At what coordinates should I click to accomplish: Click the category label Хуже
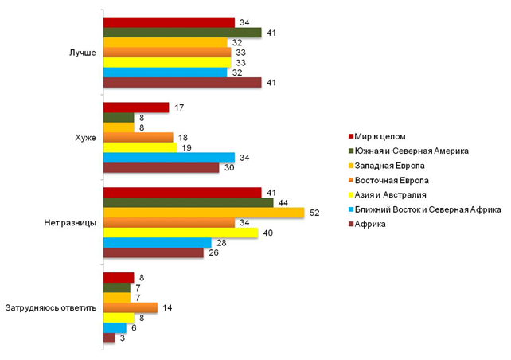[x=84, y=138]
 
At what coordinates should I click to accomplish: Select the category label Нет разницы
[x=72, y=223]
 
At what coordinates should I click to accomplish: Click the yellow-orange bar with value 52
[x=204, y=213]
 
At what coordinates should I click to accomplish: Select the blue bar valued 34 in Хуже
[x=170, y=158]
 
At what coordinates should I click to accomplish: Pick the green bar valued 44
[x=189, y=202]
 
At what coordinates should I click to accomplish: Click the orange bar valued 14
[x=131, y=307]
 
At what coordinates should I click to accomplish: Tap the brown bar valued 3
[x=109, y=338]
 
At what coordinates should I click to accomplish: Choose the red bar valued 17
[x=136, y=108]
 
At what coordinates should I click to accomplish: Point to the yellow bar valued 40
[x=181, y=233]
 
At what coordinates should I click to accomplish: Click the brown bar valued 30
[x=162, y=168]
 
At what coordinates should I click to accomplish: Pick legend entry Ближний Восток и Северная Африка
[x=427, y=209]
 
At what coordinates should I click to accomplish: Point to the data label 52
[x=314, y=213]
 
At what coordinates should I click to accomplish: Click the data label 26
[x=214, y=253]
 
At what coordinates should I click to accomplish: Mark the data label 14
[x=167, y=307]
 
